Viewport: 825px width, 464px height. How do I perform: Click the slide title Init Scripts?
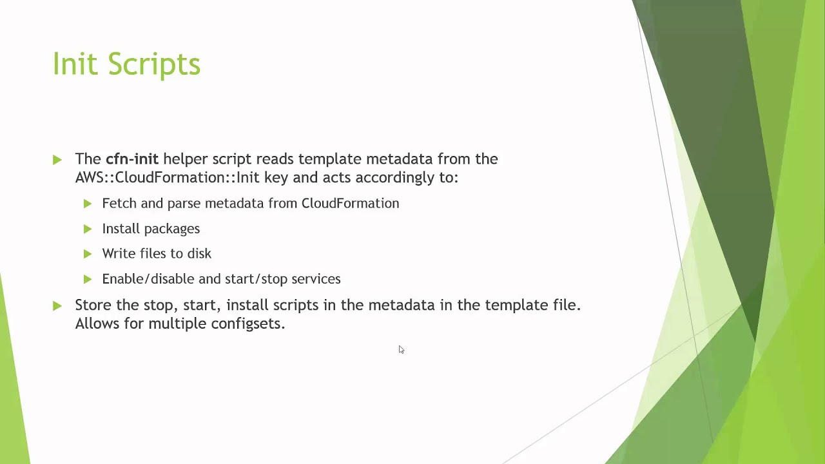(126, 64)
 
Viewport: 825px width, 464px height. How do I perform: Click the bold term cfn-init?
(132, 159)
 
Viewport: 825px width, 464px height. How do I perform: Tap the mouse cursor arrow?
(401, 349)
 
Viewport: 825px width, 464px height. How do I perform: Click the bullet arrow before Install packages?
(88, 229)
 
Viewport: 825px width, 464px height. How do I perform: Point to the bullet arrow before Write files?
(88, 254)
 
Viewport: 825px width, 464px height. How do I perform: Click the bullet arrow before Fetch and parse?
(88, 204)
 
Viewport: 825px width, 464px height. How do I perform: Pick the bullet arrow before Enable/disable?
(88, 279)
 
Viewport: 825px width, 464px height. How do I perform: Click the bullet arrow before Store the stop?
(57, 305)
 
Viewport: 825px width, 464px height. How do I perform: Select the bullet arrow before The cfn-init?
(57, 159)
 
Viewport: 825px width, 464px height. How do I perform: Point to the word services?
(316, 278)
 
